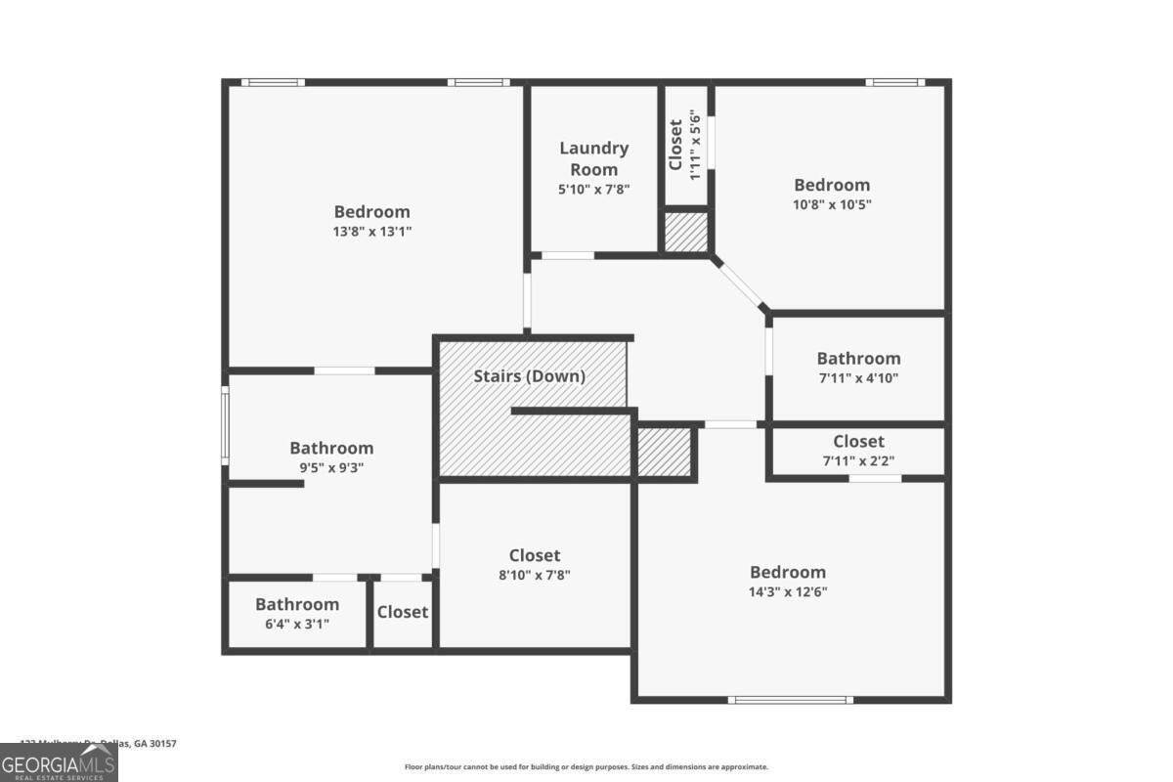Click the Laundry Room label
[593, 158]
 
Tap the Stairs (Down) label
[529, 376]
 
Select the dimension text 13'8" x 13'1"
[371, 233]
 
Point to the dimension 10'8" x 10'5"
[831, 205]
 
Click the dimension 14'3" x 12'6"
[788, 592]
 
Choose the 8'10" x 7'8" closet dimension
[535, 576]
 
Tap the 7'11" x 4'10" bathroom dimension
[858, 378]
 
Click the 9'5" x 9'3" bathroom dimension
[331, 468]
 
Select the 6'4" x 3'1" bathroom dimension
[297, 624]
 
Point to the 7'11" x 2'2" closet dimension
[858, 461]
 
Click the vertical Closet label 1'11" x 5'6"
[684, 145]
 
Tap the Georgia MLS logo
[59, 762]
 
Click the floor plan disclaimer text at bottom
[586, 767]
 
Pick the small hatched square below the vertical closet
[686, 233]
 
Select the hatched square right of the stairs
[665, 453]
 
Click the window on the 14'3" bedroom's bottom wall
[791, 699]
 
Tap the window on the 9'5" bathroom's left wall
[225, 425]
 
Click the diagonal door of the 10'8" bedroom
[741, 283]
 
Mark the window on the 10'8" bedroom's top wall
[893, 82]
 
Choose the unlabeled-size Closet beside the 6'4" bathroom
[403, 613]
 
